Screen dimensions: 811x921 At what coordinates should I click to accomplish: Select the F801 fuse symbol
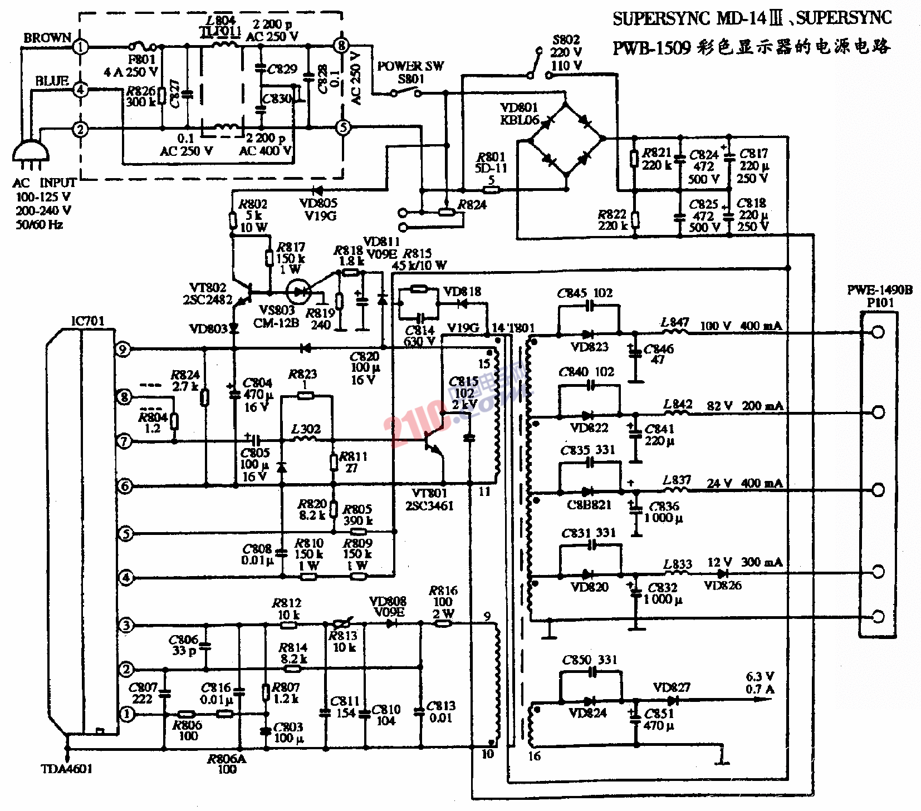pyautogui.click(x=143, y=47)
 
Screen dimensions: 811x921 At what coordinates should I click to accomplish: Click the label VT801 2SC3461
pyautogui.click(x=429, y=499)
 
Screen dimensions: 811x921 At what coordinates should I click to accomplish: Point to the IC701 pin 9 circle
pyautogui.click(x=123, y=350)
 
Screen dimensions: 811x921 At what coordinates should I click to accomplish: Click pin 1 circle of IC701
pyautogui.click(x=126, y=714)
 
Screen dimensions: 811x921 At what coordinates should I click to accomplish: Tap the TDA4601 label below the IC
pyautogui.click(x=67, y=769)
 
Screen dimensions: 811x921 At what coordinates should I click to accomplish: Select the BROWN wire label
pyautogui.click(x=47, y=38)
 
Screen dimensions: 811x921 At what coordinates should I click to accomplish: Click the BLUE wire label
pyautogui.click(x=52, y=81)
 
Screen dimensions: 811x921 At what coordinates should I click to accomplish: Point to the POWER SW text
pyautogui.click(x=410, y=66)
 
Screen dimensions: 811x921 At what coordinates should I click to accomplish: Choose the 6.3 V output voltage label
pyautogui.click(x=760, y=677)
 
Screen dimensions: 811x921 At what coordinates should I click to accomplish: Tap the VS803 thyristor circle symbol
pyautogui.click(x=298, y=291)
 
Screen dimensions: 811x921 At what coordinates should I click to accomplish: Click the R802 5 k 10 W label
pyautogui.click(x=253, y=215)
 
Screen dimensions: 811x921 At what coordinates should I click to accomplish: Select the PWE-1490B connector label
pyautogui.click(x=880, y=290)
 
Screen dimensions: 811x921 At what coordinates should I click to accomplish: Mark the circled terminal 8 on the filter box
pyautogui.click(x=341, y=46)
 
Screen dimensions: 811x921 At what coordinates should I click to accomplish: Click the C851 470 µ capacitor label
pyautogui.click(x=659, y=719)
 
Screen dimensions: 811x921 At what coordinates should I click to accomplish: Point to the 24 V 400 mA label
pyautogui.click(x=744, y=483)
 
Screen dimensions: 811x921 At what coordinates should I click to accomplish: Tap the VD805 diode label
pyautogui.click(x=319, y=209)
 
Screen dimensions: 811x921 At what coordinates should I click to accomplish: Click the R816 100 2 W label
pyautogui.click(x=443, y=602)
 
